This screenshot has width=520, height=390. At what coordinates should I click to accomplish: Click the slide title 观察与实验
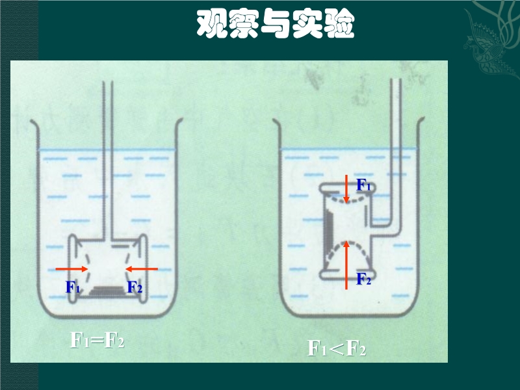(276, 23)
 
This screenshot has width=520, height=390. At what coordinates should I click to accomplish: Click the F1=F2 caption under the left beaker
(97, 340)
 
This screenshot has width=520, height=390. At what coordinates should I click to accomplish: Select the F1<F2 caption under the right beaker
(336, 348)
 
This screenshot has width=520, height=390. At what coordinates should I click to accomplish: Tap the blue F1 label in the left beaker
(73, 287)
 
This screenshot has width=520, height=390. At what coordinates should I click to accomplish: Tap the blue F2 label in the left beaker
(135, 287)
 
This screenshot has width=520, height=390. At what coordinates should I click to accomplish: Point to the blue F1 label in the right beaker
(363, 185)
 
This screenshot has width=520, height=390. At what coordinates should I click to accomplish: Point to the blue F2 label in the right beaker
(363, 279)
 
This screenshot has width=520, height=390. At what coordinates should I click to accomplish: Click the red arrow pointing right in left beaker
(71, 269)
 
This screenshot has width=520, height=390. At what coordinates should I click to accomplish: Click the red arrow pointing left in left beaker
(142, 269)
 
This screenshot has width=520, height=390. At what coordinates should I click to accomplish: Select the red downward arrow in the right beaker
(346, 188)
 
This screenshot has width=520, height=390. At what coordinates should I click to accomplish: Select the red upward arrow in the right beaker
(346, 265)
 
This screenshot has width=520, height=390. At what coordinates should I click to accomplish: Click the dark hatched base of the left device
(107, 291)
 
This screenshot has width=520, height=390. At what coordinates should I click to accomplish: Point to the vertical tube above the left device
(108, 159)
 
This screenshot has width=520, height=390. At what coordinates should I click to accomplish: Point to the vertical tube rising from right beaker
(396, 149)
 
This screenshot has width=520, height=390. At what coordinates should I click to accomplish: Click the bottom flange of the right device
(347, 275)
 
